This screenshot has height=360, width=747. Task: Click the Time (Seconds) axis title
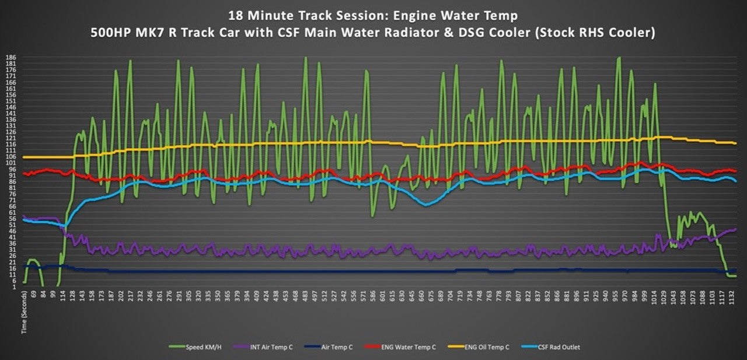click(24, 312)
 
